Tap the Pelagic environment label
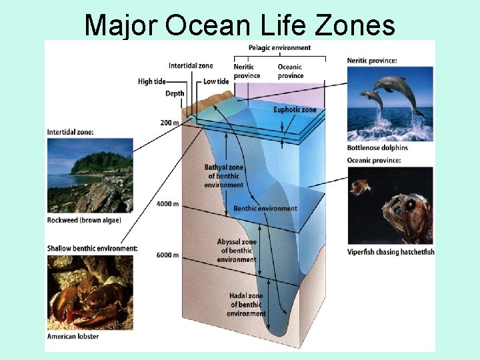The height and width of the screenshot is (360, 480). tap(279, 48)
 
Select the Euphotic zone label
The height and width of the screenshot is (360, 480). tap(295, 110)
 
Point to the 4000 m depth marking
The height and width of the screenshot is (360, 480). tap(167, 203)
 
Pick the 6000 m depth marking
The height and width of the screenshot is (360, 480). tap(167, 255)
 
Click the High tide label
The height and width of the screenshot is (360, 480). tap(152, 81)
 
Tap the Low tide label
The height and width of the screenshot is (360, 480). tap(216, 81)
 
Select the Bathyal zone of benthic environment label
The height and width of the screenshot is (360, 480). tap(224, 175)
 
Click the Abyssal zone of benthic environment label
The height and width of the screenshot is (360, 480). tap(237, 251)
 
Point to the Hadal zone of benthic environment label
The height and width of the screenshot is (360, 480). tap(246, 305)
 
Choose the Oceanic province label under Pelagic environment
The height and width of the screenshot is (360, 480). tap(290, 71)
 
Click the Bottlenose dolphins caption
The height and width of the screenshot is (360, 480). tap(377, 147)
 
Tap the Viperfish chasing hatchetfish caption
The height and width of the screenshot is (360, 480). tap(391, 252)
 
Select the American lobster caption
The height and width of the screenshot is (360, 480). tap(73, 337)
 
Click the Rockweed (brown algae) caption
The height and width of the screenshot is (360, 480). tap(84, 220)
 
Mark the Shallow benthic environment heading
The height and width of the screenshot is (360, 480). tap(92, 249)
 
